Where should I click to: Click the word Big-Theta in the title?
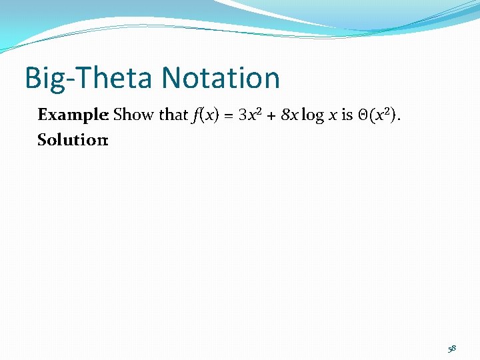pos(91,78)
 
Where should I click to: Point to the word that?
pos(173,115)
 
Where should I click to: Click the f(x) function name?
pos(205,115)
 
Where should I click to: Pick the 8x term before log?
pos(289,115)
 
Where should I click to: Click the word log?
pos(311,115)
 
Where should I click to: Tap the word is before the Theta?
pos(347,115)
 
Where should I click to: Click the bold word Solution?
pos(71,141)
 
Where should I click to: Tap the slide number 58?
pos(451,347)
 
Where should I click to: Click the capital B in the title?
pos(33,78)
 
